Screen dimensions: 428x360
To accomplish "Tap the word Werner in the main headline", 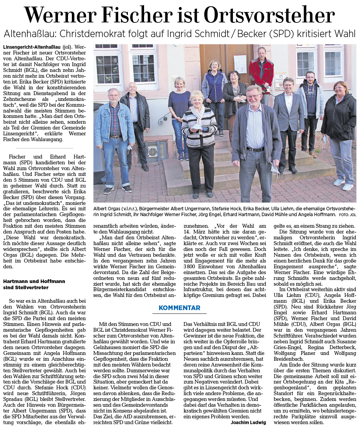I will (65, 15).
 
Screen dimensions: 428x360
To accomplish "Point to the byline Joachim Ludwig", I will (248, 422).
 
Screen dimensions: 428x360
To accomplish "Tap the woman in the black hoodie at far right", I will (339, 128).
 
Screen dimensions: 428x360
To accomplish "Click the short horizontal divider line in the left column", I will (44, 148).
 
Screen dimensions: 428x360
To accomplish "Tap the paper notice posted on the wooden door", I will (240, 62).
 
